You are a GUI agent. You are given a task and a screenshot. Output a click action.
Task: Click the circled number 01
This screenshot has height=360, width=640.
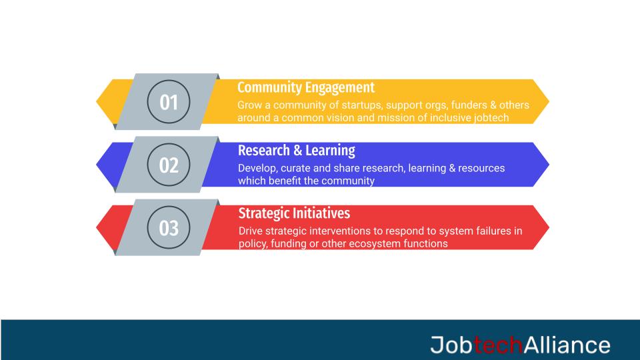pos(169,103)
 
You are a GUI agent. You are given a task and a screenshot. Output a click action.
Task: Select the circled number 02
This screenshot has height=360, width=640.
pos(169,165)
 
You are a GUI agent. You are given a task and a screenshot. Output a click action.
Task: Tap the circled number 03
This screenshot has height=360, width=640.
pos(169,228)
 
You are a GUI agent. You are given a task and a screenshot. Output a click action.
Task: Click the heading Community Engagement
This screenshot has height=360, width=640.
pos(306,87)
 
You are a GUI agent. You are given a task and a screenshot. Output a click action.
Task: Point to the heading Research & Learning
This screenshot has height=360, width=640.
pos(297,150)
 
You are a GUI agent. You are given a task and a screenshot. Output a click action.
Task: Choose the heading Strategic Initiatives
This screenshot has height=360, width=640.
pos(294,213)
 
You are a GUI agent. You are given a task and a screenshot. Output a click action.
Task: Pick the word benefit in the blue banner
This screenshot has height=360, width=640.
pos(287,181)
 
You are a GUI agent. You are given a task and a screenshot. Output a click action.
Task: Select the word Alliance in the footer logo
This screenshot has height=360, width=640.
pos(567,345)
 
